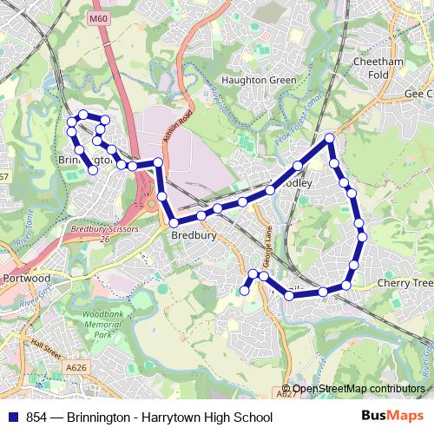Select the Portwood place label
26,279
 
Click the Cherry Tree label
405,284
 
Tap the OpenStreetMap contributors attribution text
358,389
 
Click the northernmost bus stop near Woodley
330,139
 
